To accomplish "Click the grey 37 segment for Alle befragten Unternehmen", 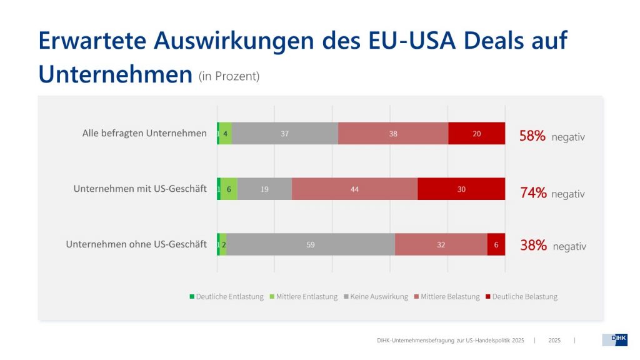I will point(284,133).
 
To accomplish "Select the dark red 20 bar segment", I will point(476,133).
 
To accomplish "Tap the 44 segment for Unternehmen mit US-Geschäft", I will point(354,189).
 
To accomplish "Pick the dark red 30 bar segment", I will point(461,189).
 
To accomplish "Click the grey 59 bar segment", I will point(311,244).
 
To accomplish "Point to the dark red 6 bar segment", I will point(496,244).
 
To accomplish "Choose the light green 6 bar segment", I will point(229,189).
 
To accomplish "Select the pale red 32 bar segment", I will point(441,244).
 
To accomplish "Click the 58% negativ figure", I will point(552,136).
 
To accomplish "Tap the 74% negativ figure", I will point(552,193).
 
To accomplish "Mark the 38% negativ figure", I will point(553,246).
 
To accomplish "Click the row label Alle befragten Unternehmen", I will point(144,133).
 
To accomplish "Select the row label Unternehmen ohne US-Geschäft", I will point(136,244).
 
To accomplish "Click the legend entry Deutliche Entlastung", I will point(226,296).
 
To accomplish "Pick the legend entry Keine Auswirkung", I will point(376,296).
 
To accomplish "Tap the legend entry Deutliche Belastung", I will point(521,296).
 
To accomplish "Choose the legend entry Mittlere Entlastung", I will point(303,296).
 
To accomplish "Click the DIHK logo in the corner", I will point(614,339).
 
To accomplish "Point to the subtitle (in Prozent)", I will point(229,76).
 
